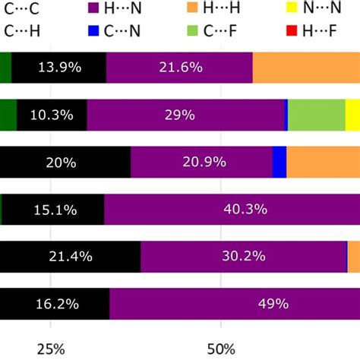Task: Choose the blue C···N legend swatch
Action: click(x=94, y=32)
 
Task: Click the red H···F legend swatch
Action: click(x=289, y=32)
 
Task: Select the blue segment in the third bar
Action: click(x=279, y=162)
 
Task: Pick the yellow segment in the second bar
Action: click(x=352, y=115)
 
